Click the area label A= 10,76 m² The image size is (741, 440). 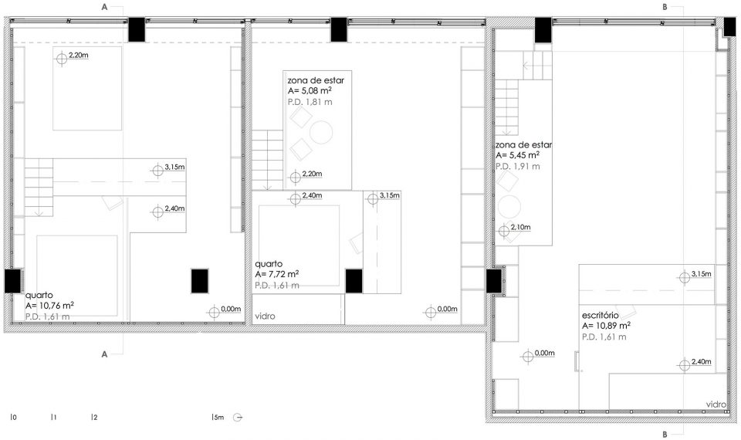click(x=49, y=306)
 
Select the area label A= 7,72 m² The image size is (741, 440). click(x=277, y=274)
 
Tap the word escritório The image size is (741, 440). click(x=601, y=315)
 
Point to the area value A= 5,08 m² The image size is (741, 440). click(x=310, y=91)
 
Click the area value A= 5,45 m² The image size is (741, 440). click(x=517, y=155)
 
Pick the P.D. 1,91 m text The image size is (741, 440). click(x=517, y=167)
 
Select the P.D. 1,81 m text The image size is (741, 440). click(x=310, y=102)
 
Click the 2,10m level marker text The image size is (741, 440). click(x=520, y=227)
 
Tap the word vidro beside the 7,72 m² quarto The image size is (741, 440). click(x=265, y=316)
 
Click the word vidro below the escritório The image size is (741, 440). click(x=716, y=404)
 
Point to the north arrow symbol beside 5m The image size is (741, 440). click(x=238, y=418)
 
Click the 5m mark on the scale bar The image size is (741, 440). click(x=218, y=418)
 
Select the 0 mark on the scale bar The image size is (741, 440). click(x=13, y=418)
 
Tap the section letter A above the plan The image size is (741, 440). click(x=104, y=7)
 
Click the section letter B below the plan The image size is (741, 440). click(x=665, y=435)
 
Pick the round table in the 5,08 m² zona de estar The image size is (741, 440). click(x=321, y=132)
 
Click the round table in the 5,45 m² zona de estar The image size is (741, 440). click(x=509, y=207)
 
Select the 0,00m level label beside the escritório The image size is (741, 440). click(x=544, y=353)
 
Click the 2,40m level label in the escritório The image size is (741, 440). click(x=702, y=362)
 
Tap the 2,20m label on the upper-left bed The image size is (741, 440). click(x=79, y=56)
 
